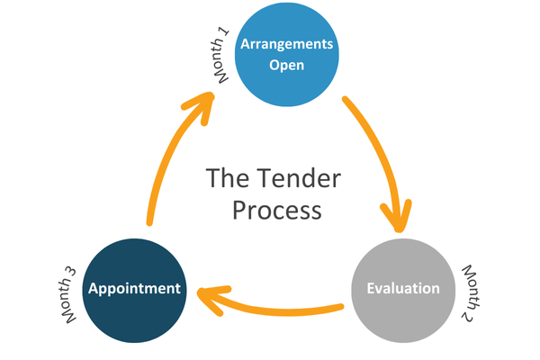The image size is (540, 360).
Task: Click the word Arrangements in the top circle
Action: coord(286,44)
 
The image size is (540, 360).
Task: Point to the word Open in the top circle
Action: coord(286,65)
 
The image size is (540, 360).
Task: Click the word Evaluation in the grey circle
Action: coord(403,289)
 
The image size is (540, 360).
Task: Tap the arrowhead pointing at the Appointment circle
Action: coord(209,295)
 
